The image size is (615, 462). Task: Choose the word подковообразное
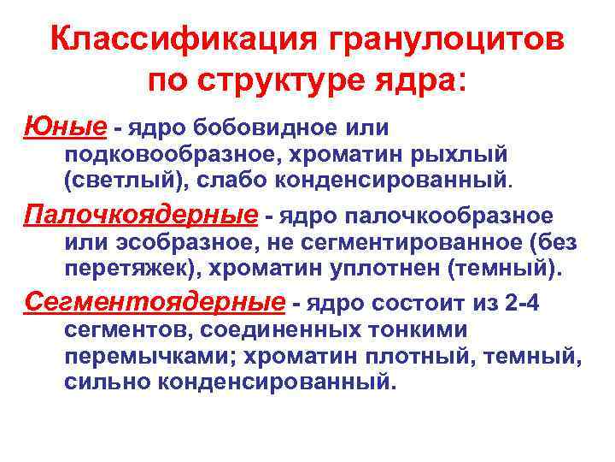pyautogui.click(x=184, y=156)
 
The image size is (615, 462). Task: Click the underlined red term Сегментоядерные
pyautogui.click(x=154, y=302)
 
